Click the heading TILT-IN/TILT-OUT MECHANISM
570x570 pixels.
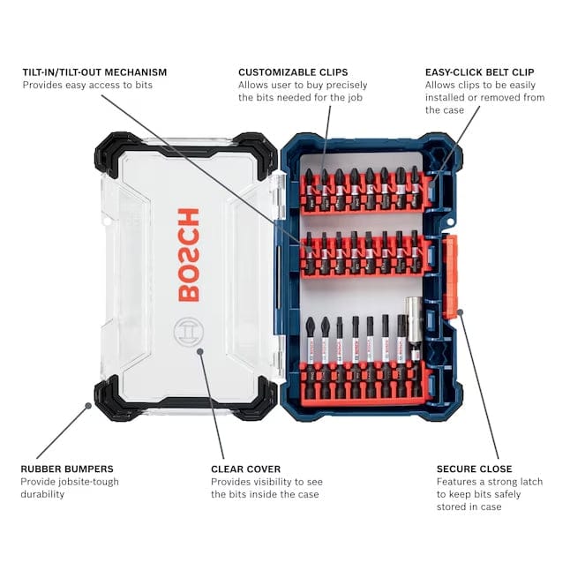pos(94,71)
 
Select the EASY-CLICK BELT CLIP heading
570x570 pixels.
pos(477,71)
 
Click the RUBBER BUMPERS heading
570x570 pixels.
pos(66,469)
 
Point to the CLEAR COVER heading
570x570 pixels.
pos(245,469)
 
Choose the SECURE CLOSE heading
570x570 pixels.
pos(474,469)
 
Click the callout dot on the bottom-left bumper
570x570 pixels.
pos(87,406)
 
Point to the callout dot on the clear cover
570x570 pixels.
pos(201,351)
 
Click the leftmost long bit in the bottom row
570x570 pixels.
pos(310,345)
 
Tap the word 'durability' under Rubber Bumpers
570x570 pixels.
pos(43,494)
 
